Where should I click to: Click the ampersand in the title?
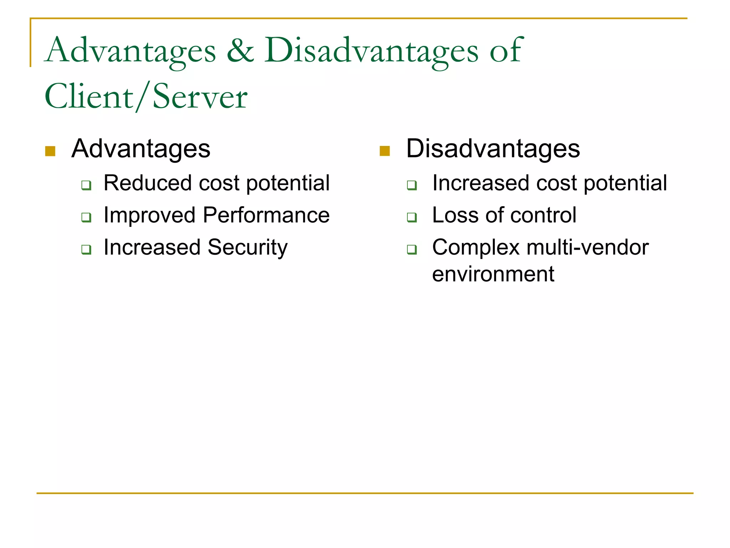click(241, 51)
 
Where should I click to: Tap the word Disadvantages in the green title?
click(371, 51)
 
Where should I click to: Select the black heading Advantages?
click(141, 149)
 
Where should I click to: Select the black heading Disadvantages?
click(493, 149)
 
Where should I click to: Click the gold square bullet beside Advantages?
click(50, 151)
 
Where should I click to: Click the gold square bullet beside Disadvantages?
click(385, 151)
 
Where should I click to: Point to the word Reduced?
click(148, 183)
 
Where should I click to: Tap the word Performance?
click(266, 215)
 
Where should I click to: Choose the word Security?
click(247, 248)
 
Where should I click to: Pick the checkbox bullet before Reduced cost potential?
click(86, 185)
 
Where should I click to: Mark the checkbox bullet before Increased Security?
click(86, 249)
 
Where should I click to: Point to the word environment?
click(493, 274)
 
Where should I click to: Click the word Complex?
click(476, 248)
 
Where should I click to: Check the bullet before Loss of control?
click(412, 217)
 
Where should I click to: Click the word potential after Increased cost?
click(625, 183)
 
